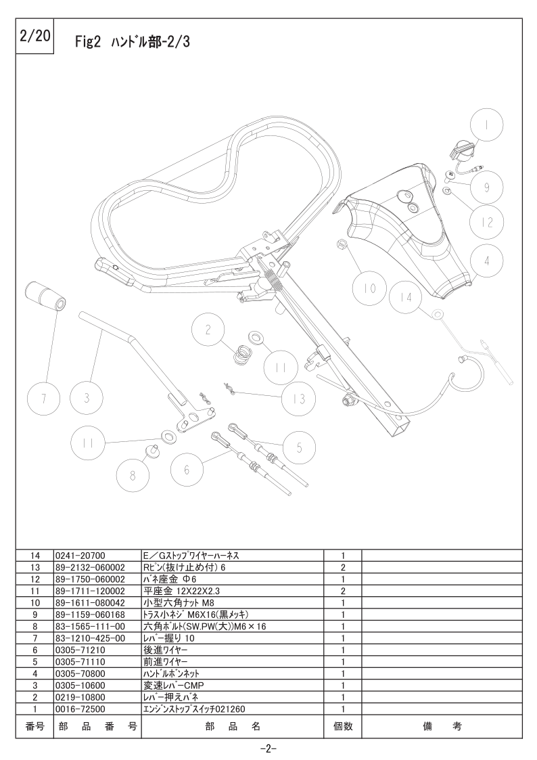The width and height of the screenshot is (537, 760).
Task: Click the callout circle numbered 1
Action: (x=487, y=125)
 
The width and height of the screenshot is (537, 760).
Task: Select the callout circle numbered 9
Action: (x=487, y=187)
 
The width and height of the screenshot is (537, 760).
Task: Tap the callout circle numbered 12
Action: (x=487, y=222)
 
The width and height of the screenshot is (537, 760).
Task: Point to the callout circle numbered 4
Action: (x=487, y=261)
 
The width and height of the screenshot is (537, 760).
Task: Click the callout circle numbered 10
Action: (x=369, y=288)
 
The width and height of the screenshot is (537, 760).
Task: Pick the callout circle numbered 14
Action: (x=406, y=296)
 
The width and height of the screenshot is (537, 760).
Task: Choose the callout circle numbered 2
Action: (x=208, y=330)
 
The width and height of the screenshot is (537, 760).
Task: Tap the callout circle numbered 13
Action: (x=299, y=399)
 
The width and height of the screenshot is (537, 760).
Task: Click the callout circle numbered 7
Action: (x=43, y=399)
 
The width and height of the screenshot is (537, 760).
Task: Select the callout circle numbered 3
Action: (x=87, y=399)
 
